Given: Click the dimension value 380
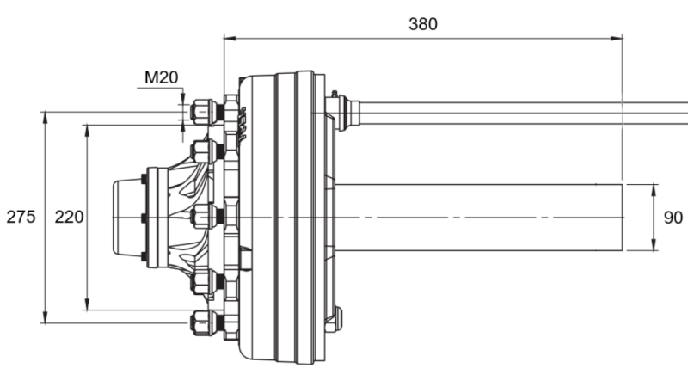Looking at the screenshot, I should pos(422,23).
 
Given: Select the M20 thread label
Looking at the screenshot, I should pos(161,77).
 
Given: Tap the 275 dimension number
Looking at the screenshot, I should pos(21,217).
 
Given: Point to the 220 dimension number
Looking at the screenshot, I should pos(69,217).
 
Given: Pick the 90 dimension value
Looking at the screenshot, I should pos(673,217).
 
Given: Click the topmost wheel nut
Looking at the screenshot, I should pos(202,112).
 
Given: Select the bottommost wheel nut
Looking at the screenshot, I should pos(202,322).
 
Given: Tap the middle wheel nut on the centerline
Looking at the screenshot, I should pos(202,217).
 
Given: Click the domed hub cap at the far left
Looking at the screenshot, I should pos(127,217).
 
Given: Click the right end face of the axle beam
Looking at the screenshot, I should pos(622,217).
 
